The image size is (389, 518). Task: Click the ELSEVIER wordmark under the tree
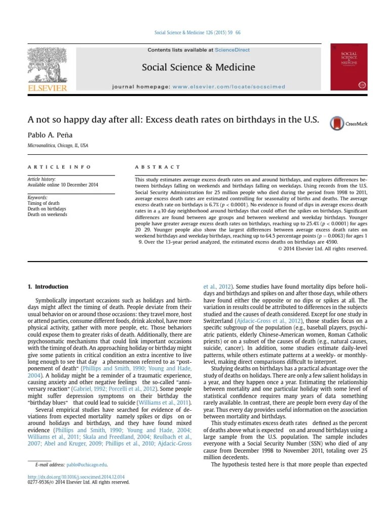47,88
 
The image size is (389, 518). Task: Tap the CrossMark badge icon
337,123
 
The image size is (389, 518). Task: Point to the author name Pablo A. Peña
49,135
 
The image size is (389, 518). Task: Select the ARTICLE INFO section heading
59,167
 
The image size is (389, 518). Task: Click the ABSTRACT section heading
158,167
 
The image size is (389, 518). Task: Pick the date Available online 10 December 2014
62,185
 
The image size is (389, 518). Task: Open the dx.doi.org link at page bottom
76,477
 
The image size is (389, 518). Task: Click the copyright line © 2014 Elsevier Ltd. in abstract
323,248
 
